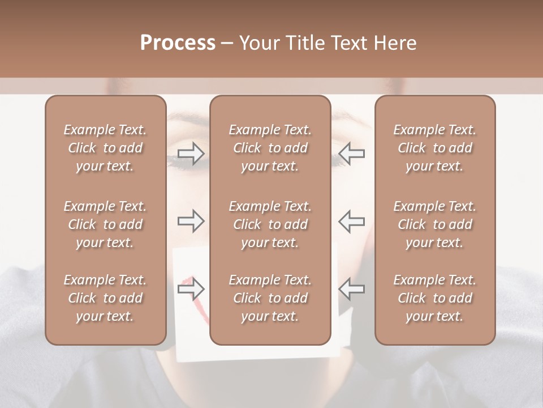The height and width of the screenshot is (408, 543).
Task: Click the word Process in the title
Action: (x=178, y=43)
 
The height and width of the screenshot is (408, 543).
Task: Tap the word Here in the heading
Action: (x=394, y=43)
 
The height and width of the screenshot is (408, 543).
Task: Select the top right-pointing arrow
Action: (x=191, y=153)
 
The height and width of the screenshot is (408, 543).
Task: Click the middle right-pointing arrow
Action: (x=191, y=221)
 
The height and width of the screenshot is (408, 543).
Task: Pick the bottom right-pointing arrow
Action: (x=191, y=289)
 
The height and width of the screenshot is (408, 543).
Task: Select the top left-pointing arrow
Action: (x=352, y=153)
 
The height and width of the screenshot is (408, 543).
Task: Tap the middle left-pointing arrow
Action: (x=352, y=221)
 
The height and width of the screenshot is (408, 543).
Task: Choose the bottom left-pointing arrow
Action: (x=352, y=289)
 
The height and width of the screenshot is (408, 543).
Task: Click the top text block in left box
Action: (x=105, y=148)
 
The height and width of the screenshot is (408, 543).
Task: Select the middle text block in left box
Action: (x=105, y=224)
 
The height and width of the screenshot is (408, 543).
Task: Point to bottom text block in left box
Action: (x=105, y=298)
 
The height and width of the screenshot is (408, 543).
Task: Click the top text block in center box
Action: (x=270, y=148)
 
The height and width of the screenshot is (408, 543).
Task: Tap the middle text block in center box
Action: (x=270, y=224)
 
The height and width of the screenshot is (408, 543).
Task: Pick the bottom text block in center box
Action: (x=270, y=298)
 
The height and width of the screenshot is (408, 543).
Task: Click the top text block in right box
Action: (x=435, y=148)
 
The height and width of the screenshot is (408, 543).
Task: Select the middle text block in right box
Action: (x=435, y=224)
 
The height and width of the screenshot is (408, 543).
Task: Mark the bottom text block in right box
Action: (x=435, y=298)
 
